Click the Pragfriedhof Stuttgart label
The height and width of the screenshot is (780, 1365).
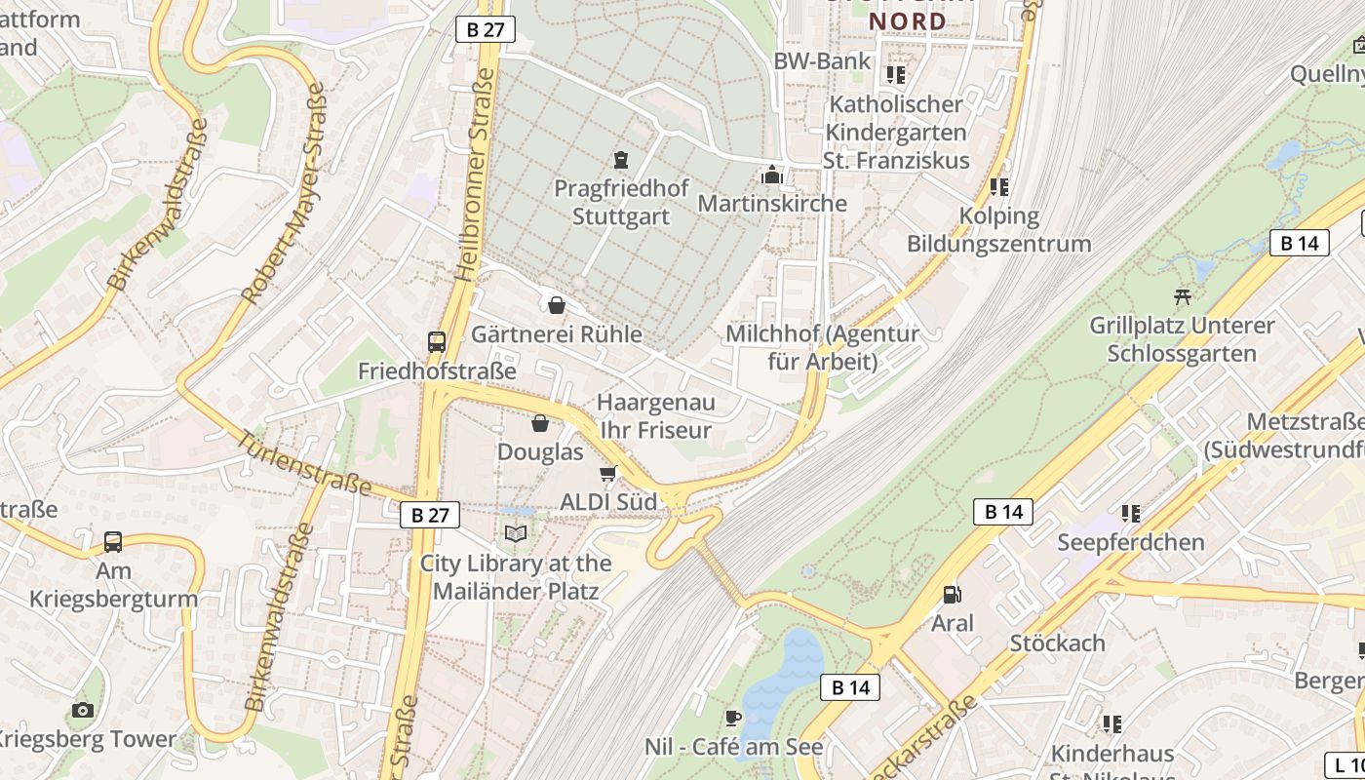(621, 202)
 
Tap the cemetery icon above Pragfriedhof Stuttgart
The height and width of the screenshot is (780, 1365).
(621, 159)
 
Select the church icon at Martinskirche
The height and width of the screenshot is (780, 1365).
(772, 175)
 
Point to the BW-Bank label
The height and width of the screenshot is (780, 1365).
(822, 61)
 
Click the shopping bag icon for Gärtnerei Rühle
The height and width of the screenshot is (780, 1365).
(557, 305)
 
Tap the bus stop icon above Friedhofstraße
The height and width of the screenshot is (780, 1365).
(437, 342)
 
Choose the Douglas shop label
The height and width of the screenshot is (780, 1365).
(540, 452)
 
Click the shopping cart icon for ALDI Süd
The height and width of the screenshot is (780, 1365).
(608, 474)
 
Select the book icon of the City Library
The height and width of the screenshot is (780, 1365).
(516, 533)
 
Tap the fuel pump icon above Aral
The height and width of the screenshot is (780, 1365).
(951, 594)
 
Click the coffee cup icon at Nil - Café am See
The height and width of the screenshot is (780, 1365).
(733, 719)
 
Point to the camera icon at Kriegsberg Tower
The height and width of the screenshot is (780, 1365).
(83, 710)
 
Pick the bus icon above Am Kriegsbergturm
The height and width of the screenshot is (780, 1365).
(113, 541)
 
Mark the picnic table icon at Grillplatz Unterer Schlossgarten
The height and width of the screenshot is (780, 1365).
(1184, 295)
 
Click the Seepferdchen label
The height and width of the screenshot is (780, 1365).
(1131, 542)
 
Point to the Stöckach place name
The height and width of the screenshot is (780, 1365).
(1058, 643)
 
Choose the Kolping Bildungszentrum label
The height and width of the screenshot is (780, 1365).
(999, 229)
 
